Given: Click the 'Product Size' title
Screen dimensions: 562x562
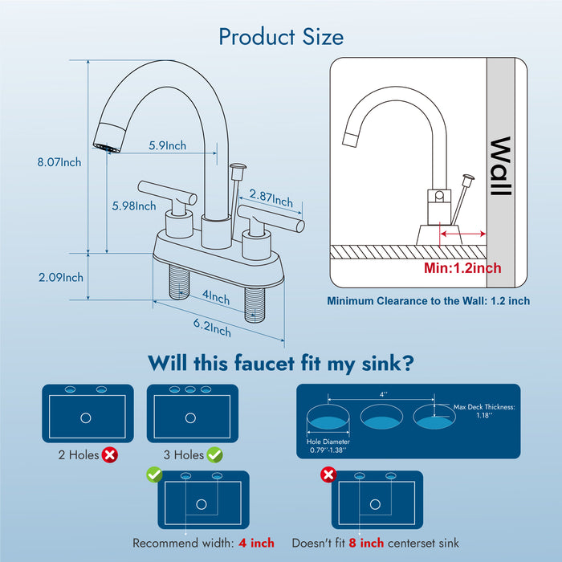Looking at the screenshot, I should pyautogui.click(x=281, y=37).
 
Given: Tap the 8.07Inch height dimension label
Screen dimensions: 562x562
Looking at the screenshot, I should pyautogui.click(x=59, y=162).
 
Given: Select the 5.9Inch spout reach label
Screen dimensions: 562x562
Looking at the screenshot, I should pyautogui.click(x=167, y=145).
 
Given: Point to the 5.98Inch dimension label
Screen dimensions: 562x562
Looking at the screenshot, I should pyautogui.click(x=134, y=206).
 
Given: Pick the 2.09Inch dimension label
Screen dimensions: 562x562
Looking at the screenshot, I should pyautogui.click(x=61, y=278).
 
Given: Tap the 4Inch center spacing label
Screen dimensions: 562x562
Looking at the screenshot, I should pyautogui.click(x=215, y=296).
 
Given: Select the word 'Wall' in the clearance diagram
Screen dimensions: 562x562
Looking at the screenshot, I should pyautogui.click(x=500, y=167).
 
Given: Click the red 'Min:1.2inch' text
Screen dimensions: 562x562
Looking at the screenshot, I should pyautogui.click(x=462, y=267).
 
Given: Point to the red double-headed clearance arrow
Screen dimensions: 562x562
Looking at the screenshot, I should pyautogui.click(x=463, y=234).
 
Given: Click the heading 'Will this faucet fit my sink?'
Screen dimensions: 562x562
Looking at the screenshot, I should pyautogui.click(x=280, y=363).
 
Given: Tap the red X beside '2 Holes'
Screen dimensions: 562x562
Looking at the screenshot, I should pyautogui.click(x=110, y=455).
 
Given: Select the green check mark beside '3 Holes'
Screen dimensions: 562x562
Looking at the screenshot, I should pyautogui.click(x=215, y=455).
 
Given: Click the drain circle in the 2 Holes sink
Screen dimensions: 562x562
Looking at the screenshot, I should pyautogui.click(x=87, y=417).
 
